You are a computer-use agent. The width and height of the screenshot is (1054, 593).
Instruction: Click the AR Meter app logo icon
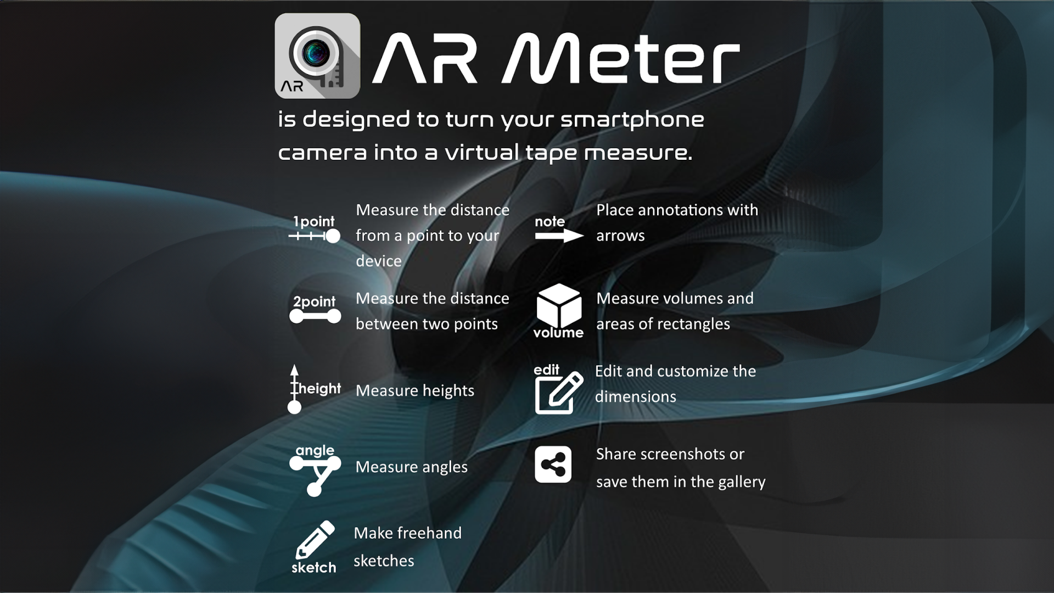pyautogui.click(x=317, y=56)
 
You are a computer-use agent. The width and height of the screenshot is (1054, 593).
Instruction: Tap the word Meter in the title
pyautogui.click(x=621, y=58)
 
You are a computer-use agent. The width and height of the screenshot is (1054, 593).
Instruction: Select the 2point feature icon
pyautogui.click(x=315, y=309)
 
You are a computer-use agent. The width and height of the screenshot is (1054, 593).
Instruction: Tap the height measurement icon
pyautogui.click(x=314, y=389)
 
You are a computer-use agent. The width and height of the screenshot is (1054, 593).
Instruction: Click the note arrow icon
pyautogui.click(x=559, y=229)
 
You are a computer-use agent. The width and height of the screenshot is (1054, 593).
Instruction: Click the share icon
pyautogui.click(x=553, y=465)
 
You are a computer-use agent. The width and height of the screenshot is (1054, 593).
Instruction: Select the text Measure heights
pyautogui.click(x=415, y=391)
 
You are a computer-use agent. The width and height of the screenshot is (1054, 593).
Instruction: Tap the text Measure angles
pyautogui.click(x=412, y=467)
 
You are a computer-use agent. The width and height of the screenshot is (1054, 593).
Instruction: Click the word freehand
pyautogui.click(x=429, y=533)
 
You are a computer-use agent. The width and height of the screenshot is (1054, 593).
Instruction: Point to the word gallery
pyautogui.click(x=742, y=482)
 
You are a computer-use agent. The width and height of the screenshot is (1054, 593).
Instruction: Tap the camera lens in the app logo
pyautogui.click(x=315, y=53)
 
